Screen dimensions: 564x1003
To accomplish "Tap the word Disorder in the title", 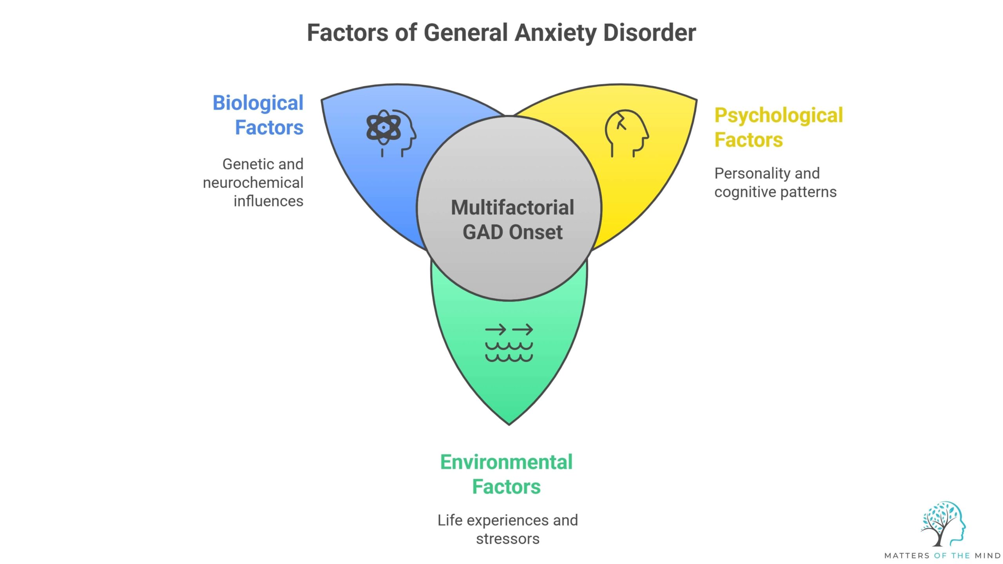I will (650, 33).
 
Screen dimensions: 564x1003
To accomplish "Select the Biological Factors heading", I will (258, 115).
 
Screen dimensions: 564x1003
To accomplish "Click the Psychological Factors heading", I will (778, 127).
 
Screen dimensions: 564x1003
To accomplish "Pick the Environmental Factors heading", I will (506, 474).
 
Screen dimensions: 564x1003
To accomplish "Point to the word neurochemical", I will (253, 183).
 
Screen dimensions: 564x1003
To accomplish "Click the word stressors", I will (507, 539).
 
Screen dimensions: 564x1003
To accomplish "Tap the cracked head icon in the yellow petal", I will (626, 133).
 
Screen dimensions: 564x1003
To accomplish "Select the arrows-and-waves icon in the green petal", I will (509, 343).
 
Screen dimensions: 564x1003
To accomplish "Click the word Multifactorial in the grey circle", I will (512, 208).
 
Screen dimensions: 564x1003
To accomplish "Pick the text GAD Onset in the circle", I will (512, 232).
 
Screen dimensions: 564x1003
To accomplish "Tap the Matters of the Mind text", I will (942, 556).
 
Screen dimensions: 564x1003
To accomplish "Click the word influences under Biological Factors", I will (268, 201).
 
